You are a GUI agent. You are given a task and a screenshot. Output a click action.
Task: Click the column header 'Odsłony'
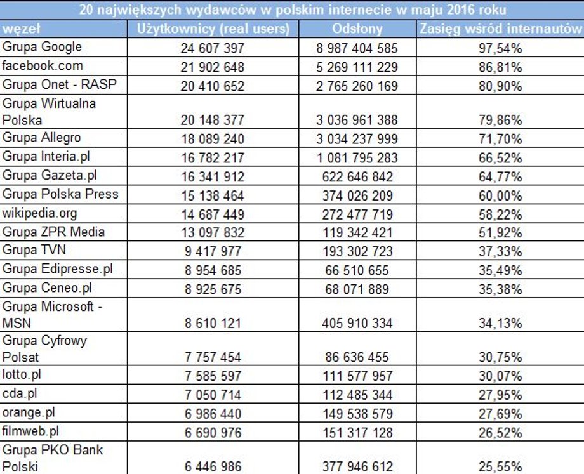click(x=357, y=29)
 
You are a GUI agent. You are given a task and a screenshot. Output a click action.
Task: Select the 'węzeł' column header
click(x=21, y=29)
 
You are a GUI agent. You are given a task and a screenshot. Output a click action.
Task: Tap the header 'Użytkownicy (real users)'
click(x=213, y=29)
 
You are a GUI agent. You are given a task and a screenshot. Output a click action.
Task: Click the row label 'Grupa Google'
click(x=42, y=47)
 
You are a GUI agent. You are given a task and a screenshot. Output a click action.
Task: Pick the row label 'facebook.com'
click(x=43, y=66)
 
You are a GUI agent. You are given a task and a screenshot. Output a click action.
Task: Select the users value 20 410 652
click(x=212, y=86)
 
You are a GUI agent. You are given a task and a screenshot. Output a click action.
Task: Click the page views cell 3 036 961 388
click(x=357, y=121)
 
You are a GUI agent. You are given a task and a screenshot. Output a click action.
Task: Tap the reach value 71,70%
click(x=500, y=139)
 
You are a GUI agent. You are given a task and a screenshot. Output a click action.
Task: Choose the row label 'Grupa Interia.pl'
click(x=46, y=156)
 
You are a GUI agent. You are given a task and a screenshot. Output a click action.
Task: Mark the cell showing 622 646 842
click(x=357, y=177)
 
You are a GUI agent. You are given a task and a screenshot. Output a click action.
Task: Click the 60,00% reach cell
click(x=500, y=196)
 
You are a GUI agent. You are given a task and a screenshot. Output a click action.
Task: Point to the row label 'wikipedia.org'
click(x=39, y=213)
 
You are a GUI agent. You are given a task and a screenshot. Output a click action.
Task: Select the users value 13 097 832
click(x=212, y=233)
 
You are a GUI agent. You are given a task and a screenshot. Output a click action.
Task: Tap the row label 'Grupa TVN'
click(x=34, y=250)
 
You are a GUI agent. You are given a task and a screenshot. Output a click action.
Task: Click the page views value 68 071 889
click(x=357, y=289)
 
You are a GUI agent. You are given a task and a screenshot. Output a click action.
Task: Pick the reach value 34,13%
click(x=500, y=324)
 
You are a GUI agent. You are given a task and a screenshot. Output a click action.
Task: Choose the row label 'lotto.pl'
click(x=21, y=374)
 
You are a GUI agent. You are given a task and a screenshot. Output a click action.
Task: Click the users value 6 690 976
click(x=213, y=433)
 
